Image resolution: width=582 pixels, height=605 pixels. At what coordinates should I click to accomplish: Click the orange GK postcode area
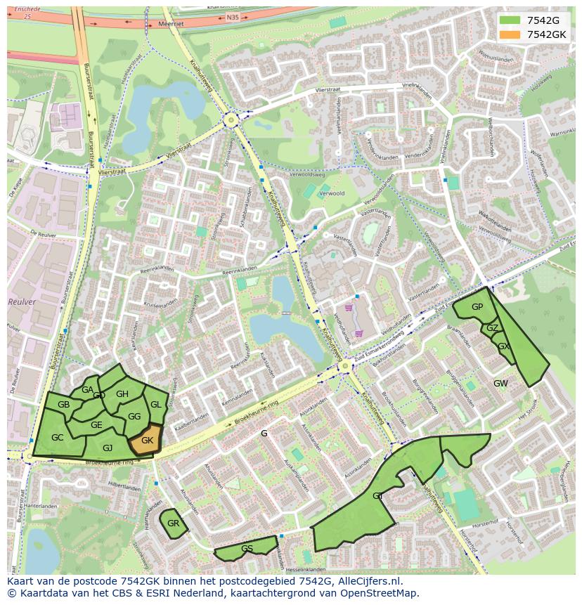point(145,441)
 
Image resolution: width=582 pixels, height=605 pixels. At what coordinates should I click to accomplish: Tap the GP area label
point(477,307)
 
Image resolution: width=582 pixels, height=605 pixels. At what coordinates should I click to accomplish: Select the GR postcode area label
point(173,523)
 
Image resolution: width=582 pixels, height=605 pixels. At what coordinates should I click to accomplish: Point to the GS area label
point(247,549)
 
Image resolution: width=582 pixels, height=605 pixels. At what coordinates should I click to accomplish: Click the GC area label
point(58,438)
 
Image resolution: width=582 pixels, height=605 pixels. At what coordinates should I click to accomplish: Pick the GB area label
point(63,405)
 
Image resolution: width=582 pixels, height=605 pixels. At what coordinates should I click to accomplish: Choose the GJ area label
point(108,448)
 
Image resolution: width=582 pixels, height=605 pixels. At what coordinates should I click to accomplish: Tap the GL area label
point(156,405)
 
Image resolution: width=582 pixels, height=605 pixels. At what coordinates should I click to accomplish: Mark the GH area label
point(122,394)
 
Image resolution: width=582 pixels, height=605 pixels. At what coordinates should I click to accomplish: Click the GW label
point(500,384)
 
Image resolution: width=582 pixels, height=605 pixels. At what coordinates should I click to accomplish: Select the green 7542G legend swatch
point(510,21)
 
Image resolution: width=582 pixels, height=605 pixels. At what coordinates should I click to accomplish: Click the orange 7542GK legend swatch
point(510,34)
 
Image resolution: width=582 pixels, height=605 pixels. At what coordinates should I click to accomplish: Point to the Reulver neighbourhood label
point(21,301)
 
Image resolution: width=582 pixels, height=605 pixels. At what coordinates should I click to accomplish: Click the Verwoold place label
point(332,193)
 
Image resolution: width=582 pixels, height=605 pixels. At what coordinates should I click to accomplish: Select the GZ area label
point(492,328)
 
